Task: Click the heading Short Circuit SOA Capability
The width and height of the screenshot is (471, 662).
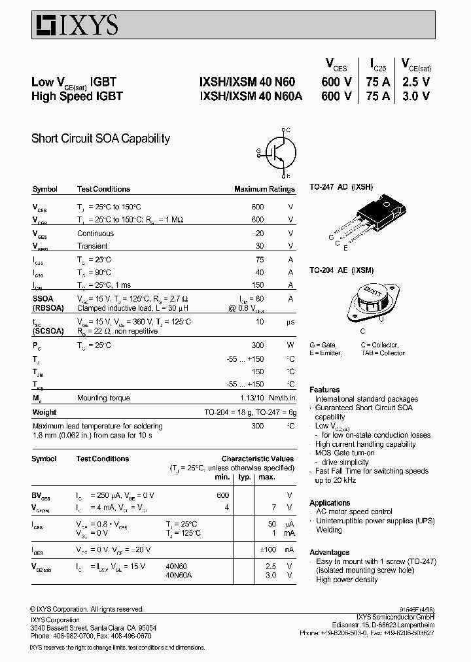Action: (x=101, y=139)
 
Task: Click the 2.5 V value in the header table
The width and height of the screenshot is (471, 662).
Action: (x=416, y=82)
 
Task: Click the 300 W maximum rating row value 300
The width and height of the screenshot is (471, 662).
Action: (x=258, y=345)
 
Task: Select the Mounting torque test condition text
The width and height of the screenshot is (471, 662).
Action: (x=104, y=398)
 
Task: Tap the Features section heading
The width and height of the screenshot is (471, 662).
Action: (x=324, y=389)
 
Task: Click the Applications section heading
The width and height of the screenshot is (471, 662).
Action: (x=330, y=502)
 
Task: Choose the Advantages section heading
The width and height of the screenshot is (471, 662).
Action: (x=329, y=552)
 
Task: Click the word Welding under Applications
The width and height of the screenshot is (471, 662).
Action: (x=329, y=530)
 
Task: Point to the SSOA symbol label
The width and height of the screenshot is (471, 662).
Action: (x=43, y=298)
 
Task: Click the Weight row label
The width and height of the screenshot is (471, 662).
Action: (x=44, y=412)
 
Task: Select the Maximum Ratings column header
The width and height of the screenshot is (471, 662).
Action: (x=264, y=189)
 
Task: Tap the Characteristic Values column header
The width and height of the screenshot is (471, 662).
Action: (x=257, y=459)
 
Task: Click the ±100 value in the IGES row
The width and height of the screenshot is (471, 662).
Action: (x=268, y=549)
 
